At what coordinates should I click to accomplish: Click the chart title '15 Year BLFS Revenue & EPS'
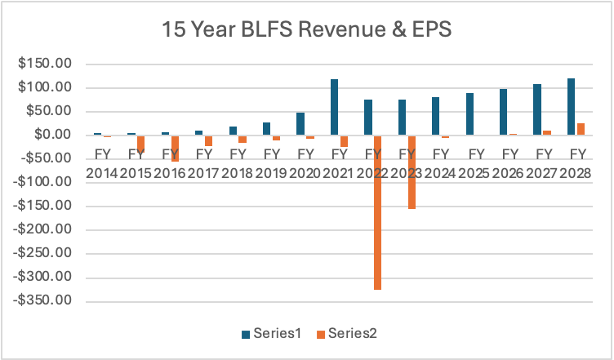(x=307, y=31)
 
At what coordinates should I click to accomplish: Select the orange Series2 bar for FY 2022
(x=377, y=212)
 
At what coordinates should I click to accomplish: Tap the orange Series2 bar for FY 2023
(x=411, y=171)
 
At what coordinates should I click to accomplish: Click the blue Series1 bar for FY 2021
(x=334, y=107)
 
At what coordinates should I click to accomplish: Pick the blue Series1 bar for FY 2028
(x=571, y=106)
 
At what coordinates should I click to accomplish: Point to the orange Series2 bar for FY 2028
(x=581, y=129)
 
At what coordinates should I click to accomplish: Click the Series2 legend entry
(x=347, y=333)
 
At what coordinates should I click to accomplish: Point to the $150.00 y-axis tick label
(x=49, y=64)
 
